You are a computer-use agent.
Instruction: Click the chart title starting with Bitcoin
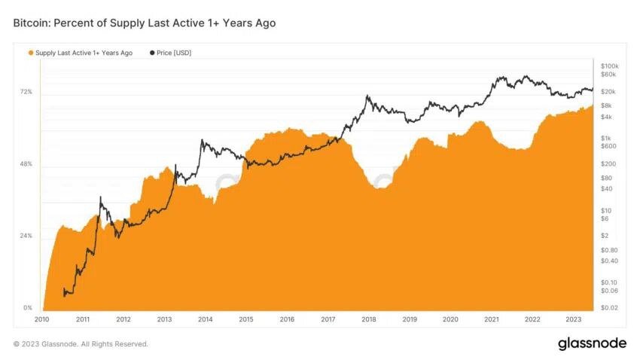145,23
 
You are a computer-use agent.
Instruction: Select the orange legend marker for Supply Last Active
31,53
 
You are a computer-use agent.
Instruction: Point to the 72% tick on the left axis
26,92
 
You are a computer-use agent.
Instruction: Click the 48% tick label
26,164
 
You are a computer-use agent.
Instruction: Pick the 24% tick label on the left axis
26,236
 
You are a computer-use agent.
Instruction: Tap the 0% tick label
27,308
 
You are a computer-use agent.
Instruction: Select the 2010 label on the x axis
42,319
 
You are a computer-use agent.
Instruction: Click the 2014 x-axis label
205,319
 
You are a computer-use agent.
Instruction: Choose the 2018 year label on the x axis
368,319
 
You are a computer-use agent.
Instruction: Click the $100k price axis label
609,66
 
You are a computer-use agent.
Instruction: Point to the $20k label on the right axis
608,91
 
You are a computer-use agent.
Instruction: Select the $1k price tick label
607,139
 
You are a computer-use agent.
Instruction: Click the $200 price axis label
608,163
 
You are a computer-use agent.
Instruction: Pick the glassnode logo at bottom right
592,343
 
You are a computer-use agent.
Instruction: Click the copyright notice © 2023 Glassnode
81,344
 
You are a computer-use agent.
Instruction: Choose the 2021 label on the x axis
491,319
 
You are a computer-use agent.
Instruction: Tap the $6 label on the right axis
605,218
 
